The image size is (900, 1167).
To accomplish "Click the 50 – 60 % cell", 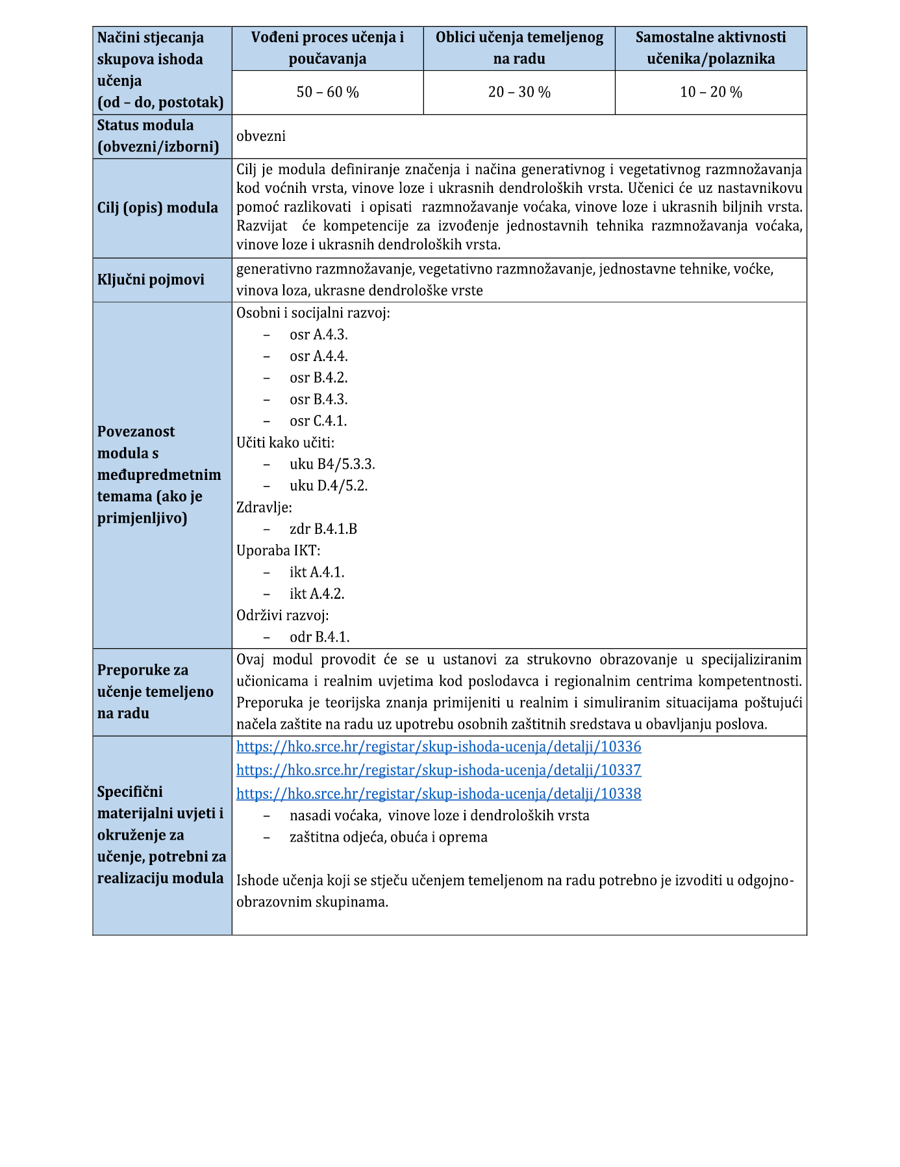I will point(327,92).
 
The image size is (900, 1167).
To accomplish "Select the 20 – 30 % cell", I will point(519,92).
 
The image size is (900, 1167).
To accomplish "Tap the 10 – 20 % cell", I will point(710,92).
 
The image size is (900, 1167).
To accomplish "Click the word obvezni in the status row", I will point(261,136).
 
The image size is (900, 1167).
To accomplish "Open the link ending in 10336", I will point(438,747).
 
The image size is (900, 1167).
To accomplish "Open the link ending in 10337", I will point(438,770).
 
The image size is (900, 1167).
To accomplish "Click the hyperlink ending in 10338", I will point(438,794).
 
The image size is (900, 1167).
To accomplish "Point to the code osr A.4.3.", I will point(318,335).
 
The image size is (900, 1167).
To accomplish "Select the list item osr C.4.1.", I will point(318,421).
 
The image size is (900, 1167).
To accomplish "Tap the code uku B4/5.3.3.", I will point(332,464).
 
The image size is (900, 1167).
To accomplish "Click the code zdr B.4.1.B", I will point(323,529).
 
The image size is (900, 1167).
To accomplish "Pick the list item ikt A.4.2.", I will point(317,594).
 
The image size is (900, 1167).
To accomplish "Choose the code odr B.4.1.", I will point(319,637).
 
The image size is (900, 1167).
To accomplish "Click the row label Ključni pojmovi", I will point(151,280).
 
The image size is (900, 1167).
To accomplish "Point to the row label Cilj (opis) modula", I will point(158,208).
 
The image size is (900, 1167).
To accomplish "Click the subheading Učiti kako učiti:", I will point(285,443).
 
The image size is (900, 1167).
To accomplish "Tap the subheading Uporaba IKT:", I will point(278,551).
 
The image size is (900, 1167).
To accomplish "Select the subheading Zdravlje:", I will point(264,507).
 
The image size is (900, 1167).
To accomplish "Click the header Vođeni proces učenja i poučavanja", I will point(327,48).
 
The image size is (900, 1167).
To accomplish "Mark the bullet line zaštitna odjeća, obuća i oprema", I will point(388,837).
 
